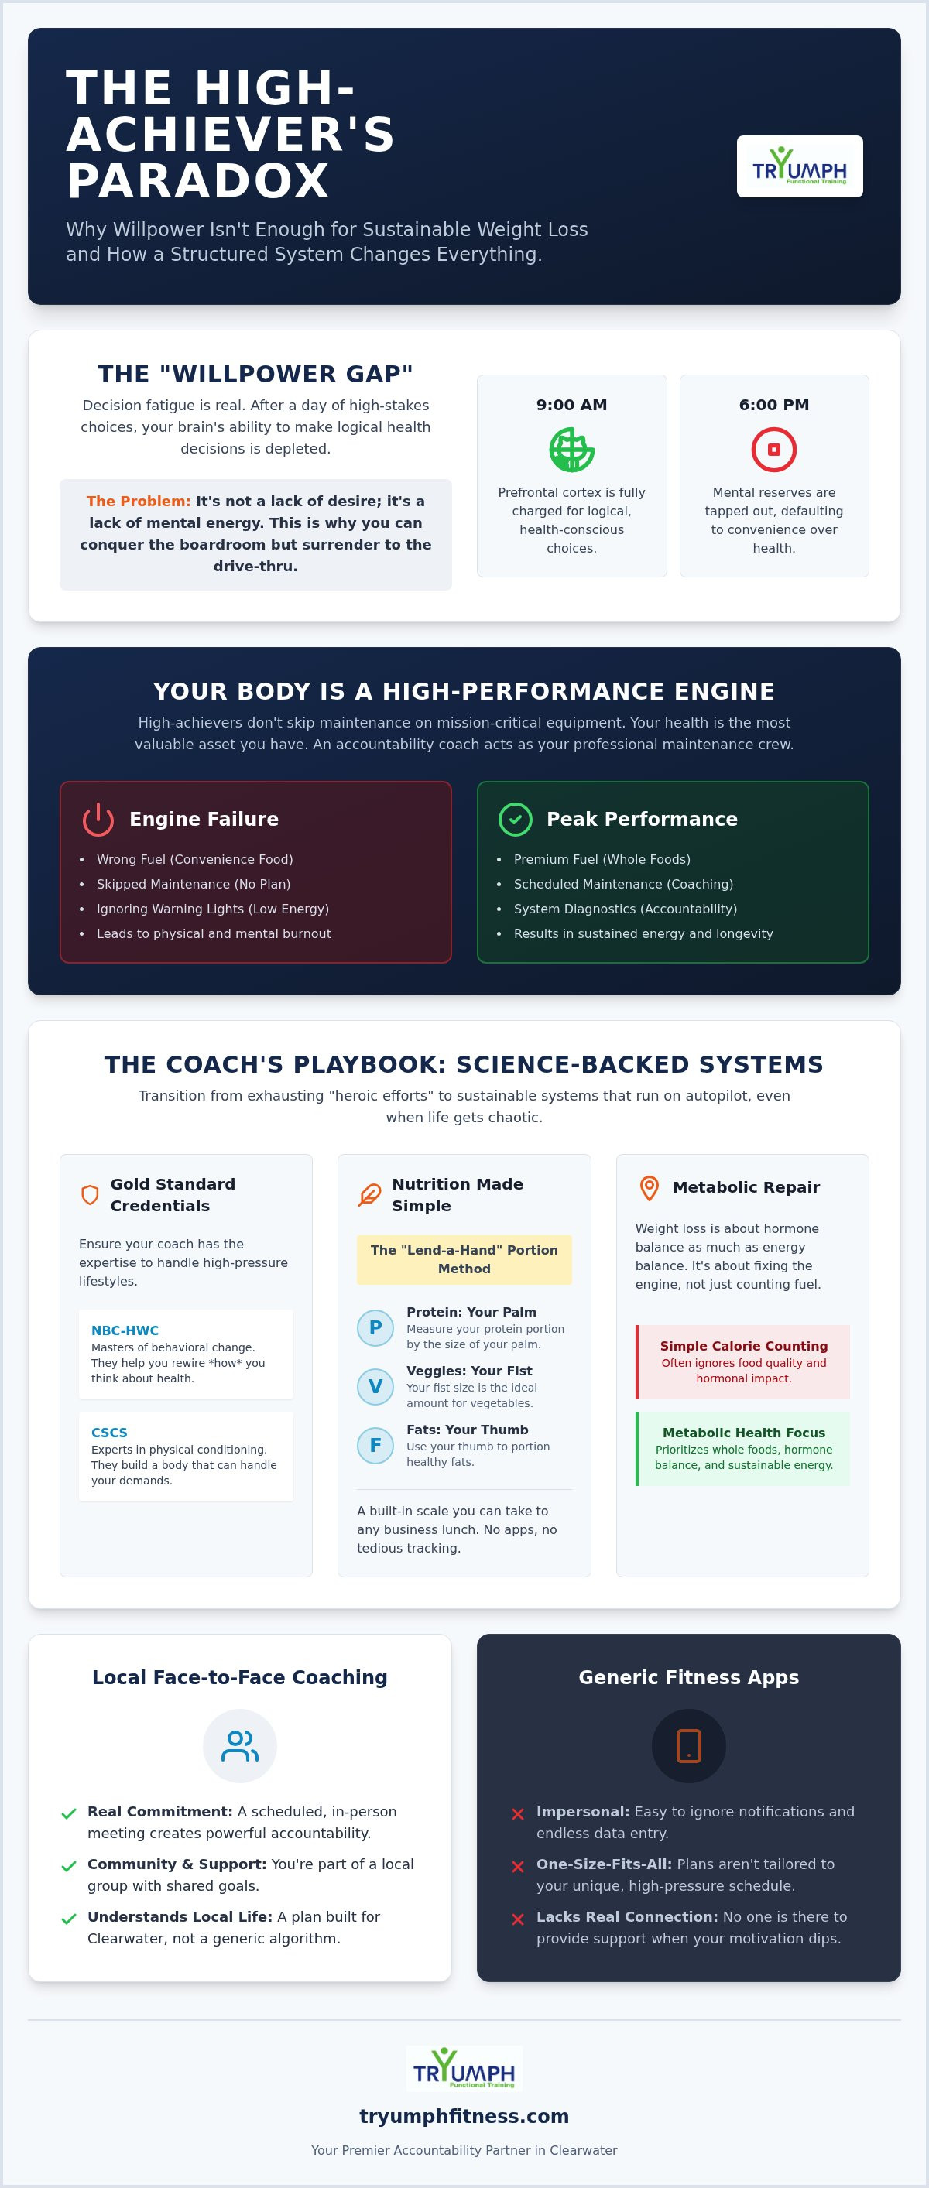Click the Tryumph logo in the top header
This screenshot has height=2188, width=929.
click(800, 166)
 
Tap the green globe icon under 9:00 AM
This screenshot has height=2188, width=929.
click(572, 450)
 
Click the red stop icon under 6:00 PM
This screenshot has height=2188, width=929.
click(773, 450)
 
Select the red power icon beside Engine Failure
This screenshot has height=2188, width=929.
click(98, 819)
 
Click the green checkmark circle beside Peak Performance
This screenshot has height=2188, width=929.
click(515, 819)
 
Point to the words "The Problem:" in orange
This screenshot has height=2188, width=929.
click(139, 501)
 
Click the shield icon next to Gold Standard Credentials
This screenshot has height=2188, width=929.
click(90, 1195)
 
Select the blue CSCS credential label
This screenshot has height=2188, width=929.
click(109, 1432)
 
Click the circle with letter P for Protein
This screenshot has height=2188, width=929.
click(375, 1327)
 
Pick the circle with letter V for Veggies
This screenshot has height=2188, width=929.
click(375, 1386)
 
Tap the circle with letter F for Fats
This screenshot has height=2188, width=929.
click(375, 1445)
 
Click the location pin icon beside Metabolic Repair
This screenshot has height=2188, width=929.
click(650, 1187)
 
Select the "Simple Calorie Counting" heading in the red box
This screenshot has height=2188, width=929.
click(744, 1345)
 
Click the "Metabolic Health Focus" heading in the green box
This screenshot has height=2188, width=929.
click(744, 1432)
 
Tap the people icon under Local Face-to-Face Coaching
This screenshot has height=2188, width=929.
click(240, 1745)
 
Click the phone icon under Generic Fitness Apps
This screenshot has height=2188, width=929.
click(688, 1745)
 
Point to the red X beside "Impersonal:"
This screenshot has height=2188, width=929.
click(518, 1814)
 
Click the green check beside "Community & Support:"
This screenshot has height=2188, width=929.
click(69, 1867)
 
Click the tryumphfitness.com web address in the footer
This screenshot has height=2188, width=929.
click(464, 2116)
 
